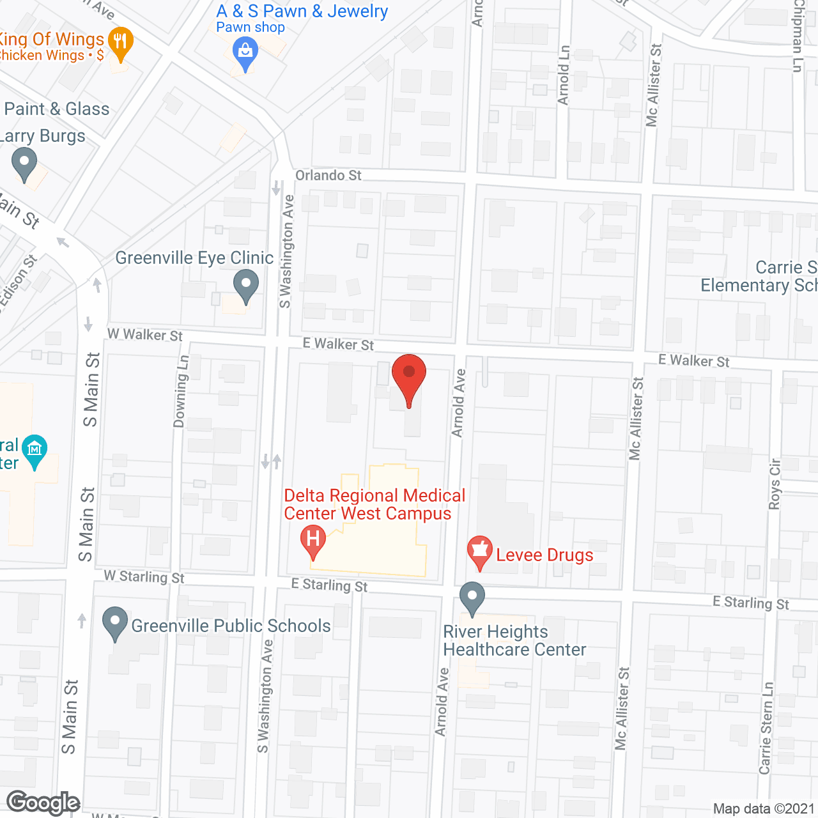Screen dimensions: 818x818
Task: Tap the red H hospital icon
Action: pos(313,539)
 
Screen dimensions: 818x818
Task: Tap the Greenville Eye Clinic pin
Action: pos(245,284)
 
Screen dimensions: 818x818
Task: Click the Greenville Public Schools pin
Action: pos(115,622)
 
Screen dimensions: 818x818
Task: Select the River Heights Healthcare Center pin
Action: pos(472,597)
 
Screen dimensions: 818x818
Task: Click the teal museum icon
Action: pos(35,450)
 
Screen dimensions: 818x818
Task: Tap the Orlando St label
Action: pos(328,175)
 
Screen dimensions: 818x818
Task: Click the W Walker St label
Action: pos(145,334)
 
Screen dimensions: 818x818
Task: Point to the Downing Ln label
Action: pos(181,391)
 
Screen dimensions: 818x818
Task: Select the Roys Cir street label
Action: pos(775,484)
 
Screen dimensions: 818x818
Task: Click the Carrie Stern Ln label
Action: pos(766,728)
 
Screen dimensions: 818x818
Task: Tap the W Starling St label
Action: pos(144,576)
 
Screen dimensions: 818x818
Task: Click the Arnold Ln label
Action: pos(563,75)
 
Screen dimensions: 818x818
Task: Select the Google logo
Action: pos(43,803)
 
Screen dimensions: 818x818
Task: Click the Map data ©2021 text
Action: pos(763,808)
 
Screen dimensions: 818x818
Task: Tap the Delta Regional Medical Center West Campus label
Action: pos(374,504)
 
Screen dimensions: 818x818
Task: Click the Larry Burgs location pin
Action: pos(24,162)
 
